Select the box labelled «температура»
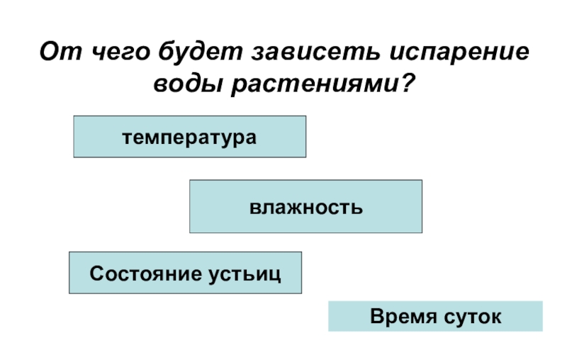[x=190, y=136]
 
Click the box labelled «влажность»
[x=305, y=206]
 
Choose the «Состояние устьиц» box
[x=185, y=273]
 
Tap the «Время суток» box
[x=435, y=316]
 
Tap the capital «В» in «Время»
[x=376, y=316]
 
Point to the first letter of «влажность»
[x=253, y=208]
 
